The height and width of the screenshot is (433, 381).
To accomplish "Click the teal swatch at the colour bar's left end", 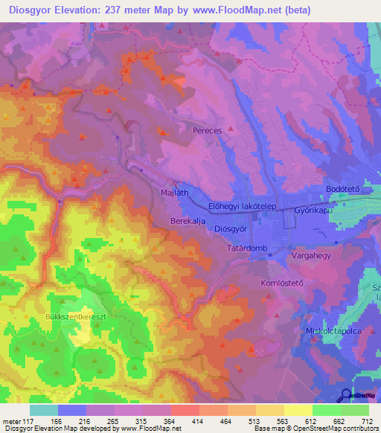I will click(44, 410).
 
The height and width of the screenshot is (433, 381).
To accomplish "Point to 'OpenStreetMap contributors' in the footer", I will click(335, 429).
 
